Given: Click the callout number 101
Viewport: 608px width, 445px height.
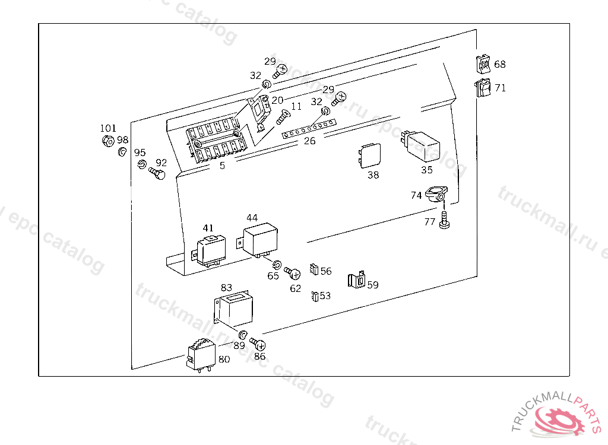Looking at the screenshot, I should point(108,128).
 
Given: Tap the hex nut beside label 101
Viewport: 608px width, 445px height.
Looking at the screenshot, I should point(108,141).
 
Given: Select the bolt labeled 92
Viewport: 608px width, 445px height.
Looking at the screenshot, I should point(157,174).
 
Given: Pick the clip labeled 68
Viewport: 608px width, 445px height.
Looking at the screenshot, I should point(483,63).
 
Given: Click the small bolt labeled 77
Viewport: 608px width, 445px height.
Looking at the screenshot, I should point(444,221).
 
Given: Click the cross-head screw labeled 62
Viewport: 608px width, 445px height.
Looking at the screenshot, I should point(293,273).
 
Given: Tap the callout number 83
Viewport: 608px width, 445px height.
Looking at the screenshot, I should point(227,288).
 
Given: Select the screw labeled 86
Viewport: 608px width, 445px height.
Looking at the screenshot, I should point(258,344).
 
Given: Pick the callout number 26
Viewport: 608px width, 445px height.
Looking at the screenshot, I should point(309,141).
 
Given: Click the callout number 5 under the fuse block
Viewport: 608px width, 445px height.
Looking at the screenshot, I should point(222,166).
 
